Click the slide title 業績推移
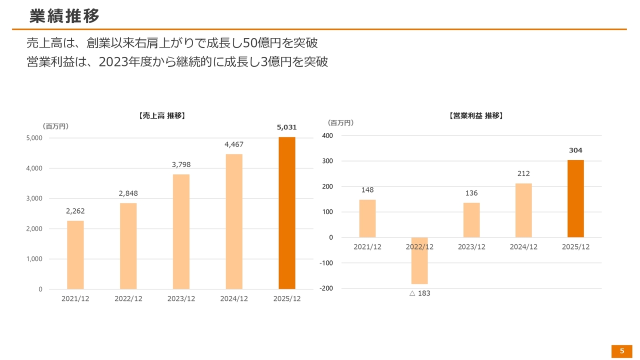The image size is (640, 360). click(64, 16)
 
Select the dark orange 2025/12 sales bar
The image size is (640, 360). click(287, 213)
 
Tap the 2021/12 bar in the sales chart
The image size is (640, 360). click(75, 255)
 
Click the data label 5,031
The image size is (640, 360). click(287, 127)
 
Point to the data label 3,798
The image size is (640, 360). click(181, 164)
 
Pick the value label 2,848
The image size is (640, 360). click(128, 193)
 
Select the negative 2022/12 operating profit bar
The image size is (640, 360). click(419, 260)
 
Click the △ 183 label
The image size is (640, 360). click(419, 293)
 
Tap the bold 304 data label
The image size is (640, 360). click(575, 150)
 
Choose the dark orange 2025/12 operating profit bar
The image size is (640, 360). click(575, 198)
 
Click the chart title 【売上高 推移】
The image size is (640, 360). click(162, 115)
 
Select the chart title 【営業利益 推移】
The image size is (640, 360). click(476, 115)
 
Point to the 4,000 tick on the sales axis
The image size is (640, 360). click(34, 168)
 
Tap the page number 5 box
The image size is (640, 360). click(622, 351)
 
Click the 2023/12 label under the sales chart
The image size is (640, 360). click(181, 299)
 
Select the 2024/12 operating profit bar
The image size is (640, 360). click(523, 210)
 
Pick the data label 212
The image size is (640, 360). click(523, 173)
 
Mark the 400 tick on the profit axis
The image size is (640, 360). click(327, 136)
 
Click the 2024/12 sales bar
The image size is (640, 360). click(234, 221)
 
